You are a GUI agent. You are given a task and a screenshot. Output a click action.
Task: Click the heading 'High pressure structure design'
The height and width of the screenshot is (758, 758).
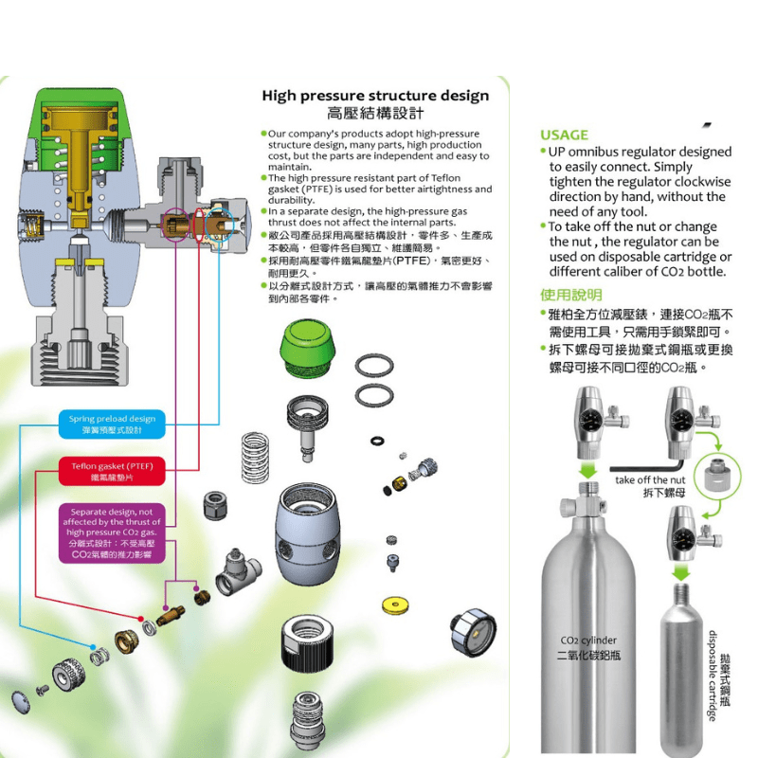pyautogui.click(x=375, y=96)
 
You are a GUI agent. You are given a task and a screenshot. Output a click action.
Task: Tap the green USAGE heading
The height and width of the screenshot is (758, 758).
pyautogui.click(x=564, y=135)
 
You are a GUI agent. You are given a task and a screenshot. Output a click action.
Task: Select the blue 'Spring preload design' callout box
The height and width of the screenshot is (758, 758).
pyautogui.click(x=112, y=424)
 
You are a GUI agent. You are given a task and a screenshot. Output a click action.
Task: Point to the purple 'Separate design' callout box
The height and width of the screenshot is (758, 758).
pyautogui.click(x=112, y=532)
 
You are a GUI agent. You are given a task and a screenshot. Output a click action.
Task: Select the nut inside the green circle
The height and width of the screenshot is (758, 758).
pyautogui.click(x=719, y=474)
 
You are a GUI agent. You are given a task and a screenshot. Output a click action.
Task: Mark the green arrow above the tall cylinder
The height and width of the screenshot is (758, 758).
pyautogui.click(x=589, y=468)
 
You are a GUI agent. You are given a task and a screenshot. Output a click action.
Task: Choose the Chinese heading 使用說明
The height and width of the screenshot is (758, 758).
pyautogui.click(x=570, y=295)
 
